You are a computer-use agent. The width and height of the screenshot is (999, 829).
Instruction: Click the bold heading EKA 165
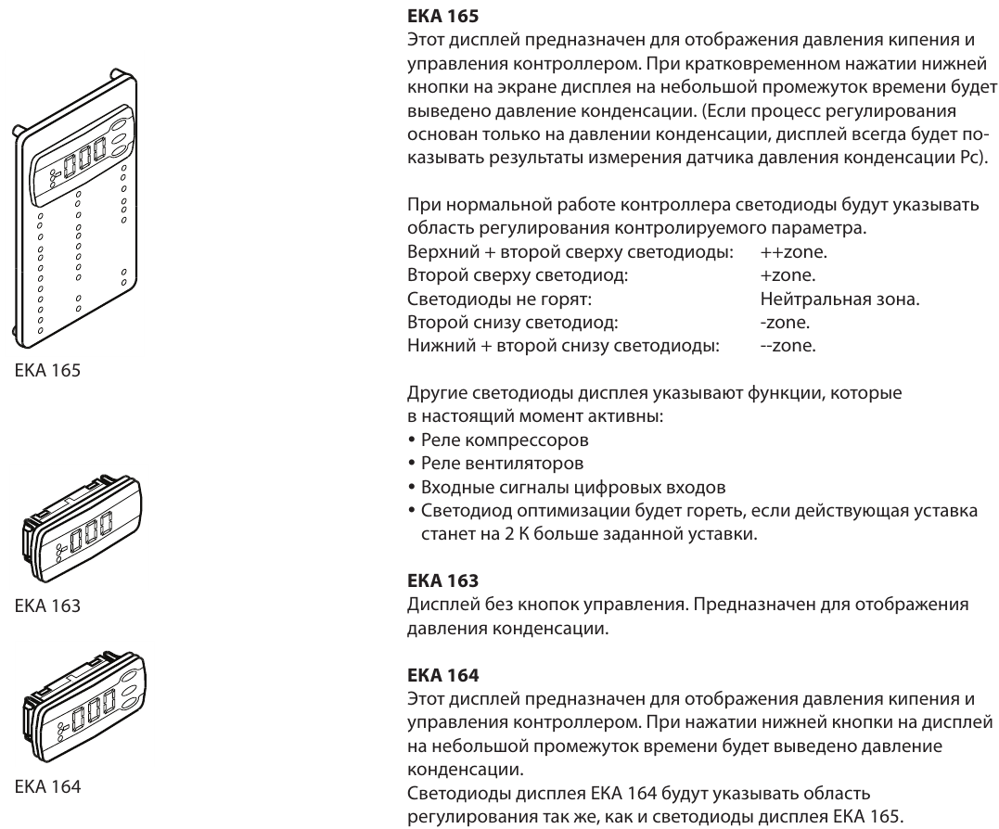[x=442, y=15]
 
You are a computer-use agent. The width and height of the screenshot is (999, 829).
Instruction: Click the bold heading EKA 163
[x=442, y=580]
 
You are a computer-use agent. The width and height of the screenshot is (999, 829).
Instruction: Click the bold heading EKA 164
[x=442, y=674]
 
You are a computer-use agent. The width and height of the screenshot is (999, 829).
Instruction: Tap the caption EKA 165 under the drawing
[x=48, y=370]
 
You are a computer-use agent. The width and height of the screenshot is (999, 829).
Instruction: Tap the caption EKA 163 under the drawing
[x=48, y=605]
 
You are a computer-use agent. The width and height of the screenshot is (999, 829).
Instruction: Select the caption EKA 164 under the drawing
[x=48, y=786]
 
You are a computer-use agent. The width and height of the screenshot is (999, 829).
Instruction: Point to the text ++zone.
[x=794, y=252]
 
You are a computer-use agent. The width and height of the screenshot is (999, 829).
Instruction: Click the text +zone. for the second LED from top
[x=788, y=275]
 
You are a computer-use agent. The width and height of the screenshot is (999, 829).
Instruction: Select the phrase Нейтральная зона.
[x=839, y=299]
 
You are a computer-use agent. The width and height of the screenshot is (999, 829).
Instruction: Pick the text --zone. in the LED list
[x=788, y=346]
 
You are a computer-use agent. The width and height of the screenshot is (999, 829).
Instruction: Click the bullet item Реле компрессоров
[x=505, y=440]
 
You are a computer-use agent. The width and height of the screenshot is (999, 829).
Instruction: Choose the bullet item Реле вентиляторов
[x=502, y=464]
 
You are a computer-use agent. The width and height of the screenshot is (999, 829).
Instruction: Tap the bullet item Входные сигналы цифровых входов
[x=573, y=488]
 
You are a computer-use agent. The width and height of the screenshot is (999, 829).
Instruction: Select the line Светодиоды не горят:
[x=499, y=300]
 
